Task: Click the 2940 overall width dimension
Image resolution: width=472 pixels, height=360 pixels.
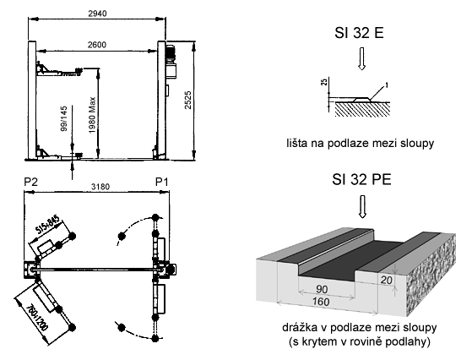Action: (x=97, y=14)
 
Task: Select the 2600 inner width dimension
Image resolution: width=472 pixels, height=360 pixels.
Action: (x=97, y=45)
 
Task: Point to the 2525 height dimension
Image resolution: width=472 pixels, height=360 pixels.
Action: (x=188, y=100)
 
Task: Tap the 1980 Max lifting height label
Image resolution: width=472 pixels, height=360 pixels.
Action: (x=92, y=115)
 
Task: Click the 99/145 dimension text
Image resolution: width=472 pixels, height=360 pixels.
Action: (x=64, y=118)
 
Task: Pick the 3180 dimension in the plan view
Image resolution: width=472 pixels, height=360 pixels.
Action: (x=100, y=187)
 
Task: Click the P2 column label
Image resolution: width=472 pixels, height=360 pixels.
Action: (x=31, y=182)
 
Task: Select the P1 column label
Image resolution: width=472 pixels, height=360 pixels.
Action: (x=161, y=182)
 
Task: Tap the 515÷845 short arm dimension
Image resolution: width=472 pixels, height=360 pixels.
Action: (x=48, y=225)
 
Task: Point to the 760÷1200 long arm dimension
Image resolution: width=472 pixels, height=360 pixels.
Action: (x=37, y=318)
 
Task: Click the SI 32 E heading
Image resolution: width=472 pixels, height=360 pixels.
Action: (x=359, y=33)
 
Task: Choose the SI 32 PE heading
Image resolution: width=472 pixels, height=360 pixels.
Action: (x=361, y=179)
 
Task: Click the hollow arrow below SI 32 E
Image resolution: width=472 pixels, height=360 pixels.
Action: (x=362, y=58)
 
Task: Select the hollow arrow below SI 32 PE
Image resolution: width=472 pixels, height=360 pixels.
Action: (x=362, y=207)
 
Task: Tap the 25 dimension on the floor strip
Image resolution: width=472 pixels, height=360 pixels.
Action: (x=324, y=81)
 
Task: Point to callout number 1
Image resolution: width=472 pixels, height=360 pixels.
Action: (x=387, y=85)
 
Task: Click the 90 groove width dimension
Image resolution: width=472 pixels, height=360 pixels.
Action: (x=322, y=290)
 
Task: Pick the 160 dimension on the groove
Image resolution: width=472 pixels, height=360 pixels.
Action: (x=321, y=302)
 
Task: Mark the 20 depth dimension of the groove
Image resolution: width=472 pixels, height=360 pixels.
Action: (x=387, y=281)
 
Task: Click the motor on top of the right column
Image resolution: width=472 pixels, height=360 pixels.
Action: (x=171, y=54)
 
